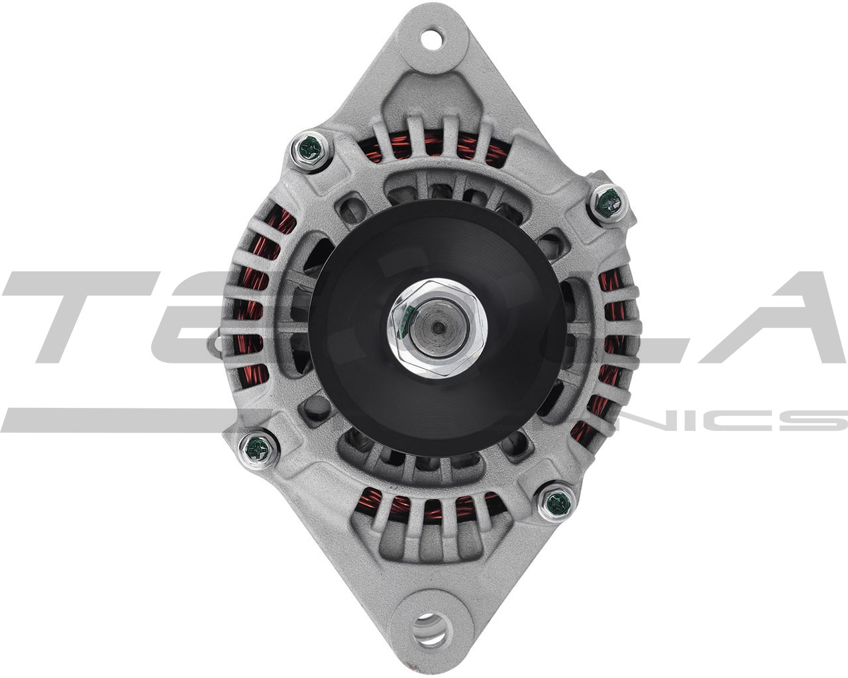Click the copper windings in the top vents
click(431, 149)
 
